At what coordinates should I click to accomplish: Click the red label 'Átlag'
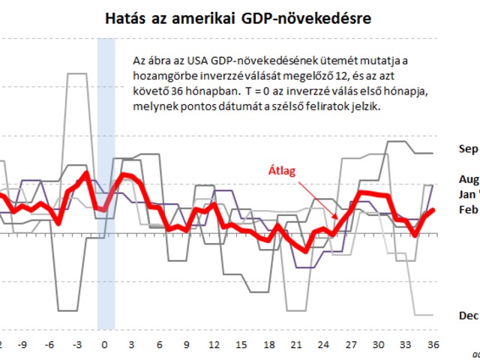pyautogui.click(x=283, y=171)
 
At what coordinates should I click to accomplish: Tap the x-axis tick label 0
pyautogui.click(x=104, y=345)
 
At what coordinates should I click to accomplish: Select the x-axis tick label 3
pyautogui.click(x=131, y=345)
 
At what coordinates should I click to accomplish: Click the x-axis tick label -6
pyautogui.click(x=49, y=345)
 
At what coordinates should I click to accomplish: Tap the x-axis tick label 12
pyautogui.click(x=214, y=345)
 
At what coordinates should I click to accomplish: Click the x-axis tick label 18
pyautogui.click(x=268, y=345)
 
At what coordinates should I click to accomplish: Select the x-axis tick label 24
pyautogui.click(x=323, y=345)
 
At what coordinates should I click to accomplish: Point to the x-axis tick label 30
pyautogui.click(x=378, y=345)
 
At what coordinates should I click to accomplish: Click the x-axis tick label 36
pyautogui.click(x=432, y=345)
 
